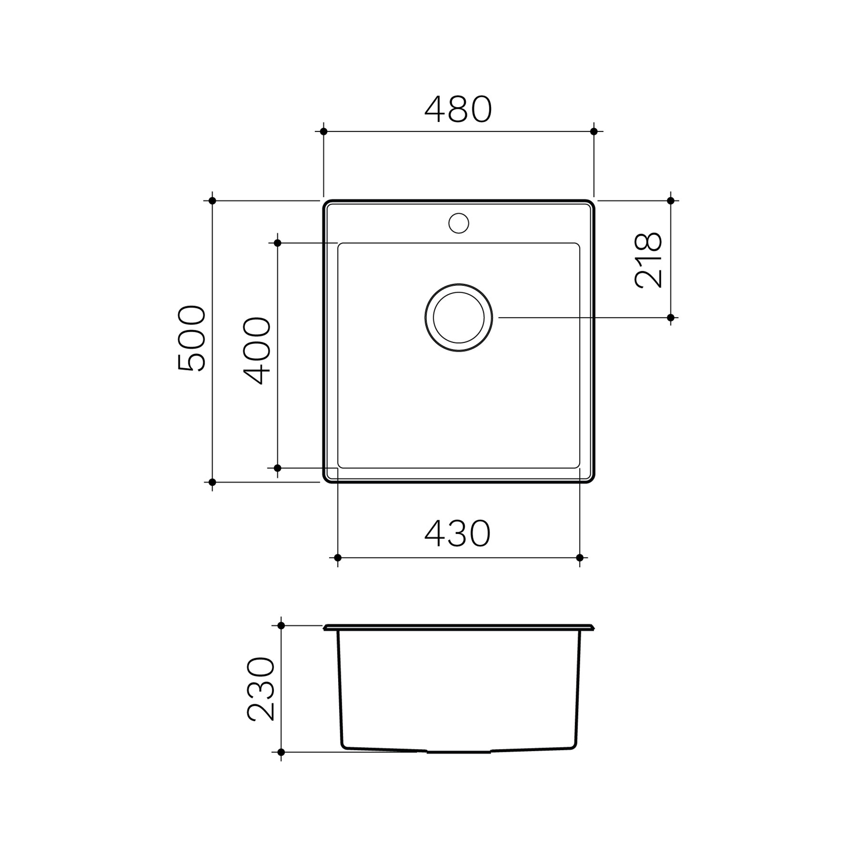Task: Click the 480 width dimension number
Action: [458, 110]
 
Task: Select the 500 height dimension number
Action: [192, 339]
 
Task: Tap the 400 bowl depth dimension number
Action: [257, 351]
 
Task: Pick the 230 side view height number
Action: [261, 689]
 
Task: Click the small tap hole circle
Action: [458, 223]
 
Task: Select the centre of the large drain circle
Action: [458, 318]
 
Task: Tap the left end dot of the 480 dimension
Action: [324, 131]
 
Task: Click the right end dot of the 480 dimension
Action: [594, 131]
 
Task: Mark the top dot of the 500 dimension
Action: [212, 200]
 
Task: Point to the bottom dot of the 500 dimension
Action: [212, 482]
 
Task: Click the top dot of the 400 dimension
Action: [278, 243]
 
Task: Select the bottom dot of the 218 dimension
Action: [670, 318]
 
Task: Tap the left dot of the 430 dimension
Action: [338, 558]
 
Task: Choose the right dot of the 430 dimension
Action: [580, 558]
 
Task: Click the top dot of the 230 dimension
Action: [281, 626]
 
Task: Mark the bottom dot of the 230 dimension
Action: [281, 752]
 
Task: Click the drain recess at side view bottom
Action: [458, 751]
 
